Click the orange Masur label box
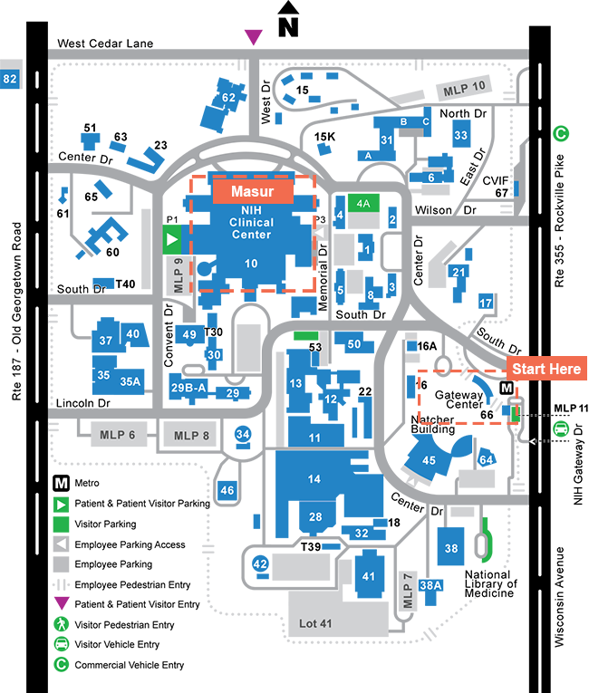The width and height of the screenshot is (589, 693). tap(253, 191)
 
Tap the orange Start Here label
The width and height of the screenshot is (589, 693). tap(546, 368)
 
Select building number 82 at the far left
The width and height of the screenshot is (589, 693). tap(10, 79)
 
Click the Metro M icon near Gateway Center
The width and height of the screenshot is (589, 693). tap(507, 388)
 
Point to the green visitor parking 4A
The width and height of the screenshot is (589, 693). tap(363, 203)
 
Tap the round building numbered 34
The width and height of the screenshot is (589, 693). tap(243, 434)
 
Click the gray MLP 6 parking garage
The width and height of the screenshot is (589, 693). tap(118, 435)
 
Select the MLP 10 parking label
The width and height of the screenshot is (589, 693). tap(464, 89)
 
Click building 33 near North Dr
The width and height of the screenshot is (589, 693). tap(460, 135)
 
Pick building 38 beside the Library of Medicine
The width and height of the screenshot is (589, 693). tap(450, 547)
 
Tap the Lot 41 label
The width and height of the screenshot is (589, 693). tap(315, 623)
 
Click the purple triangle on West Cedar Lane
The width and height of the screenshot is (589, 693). tap(254, 37)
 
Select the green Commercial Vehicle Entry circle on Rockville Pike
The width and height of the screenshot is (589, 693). tap(561, 133)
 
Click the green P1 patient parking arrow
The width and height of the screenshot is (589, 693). tap(172, 239)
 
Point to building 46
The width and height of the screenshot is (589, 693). tap(227, 490)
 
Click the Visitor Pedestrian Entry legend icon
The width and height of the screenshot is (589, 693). tap(61, 624)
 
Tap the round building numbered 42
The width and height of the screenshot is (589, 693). tap(260, 563)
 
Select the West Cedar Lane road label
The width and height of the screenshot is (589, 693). tap(105, 43)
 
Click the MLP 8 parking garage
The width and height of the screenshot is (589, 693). tap(191, 436)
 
